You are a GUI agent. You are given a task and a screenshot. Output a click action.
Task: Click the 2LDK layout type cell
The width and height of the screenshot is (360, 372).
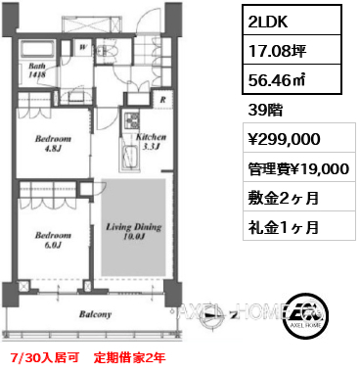[x=292, y=20]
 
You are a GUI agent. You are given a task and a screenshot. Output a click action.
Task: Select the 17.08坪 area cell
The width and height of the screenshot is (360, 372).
[x=292, y=50]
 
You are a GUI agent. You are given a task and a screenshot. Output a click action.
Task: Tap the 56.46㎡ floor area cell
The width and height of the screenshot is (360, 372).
[x=292, y=79]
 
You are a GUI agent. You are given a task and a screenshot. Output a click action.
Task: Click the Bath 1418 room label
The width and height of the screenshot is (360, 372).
[x=37, y=70]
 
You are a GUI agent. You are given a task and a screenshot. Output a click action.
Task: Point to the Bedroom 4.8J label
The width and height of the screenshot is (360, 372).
[x=53, y=143]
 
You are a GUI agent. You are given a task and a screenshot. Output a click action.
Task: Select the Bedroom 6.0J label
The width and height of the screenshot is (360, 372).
[x=53, y=240]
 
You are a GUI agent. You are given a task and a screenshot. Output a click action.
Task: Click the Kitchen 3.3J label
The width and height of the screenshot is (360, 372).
[x=151, y=141]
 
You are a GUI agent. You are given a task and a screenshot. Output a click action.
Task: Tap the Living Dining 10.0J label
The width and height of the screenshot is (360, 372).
[x=134, y=231]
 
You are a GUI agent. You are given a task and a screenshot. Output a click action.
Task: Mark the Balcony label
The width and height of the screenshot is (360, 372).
[x=95, y=314]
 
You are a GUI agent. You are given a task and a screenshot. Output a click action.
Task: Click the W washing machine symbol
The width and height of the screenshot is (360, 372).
[x=83, y=46]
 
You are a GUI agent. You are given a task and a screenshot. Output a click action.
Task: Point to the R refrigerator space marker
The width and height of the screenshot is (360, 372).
[x=162, y=100]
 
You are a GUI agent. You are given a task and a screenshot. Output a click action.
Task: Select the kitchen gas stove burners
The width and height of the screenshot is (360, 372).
[x=132, y=120]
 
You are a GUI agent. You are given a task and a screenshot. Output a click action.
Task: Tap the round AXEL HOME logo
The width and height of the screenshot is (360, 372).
[x=305, y=316]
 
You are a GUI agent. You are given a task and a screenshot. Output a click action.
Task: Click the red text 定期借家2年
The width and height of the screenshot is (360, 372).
[x=129, y=358]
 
